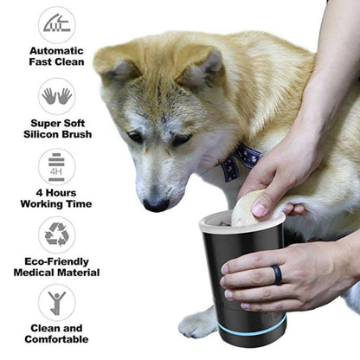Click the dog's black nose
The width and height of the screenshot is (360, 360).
click(x=157, y=204)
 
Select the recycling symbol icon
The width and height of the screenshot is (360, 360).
click(x=56, y=235)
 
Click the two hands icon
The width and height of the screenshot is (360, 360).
click(x=56, y=96)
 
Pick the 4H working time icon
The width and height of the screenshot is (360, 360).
click(x=56, y=165)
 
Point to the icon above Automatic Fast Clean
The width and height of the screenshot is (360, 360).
click(x=56, y=25)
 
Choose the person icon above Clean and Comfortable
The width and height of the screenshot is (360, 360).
click(x=56, y=303)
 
